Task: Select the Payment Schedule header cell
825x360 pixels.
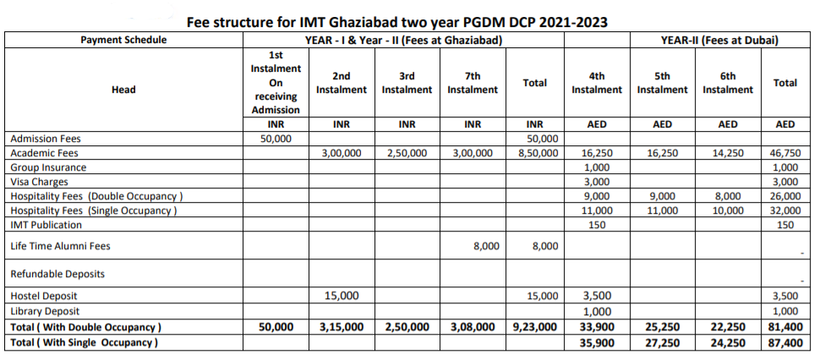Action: point(123,40)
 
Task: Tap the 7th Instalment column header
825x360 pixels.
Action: point(473,83)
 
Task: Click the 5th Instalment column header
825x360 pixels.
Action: point(663,83)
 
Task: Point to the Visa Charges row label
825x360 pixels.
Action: point(40,182)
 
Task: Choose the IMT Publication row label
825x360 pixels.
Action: point(46,225)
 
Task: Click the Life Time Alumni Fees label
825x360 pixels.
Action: point(61,246)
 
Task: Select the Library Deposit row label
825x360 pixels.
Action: point(46,311)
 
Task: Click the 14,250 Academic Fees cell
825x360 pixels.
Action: point(728,153)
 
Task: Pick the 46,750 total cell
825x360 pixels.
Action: point(784,153)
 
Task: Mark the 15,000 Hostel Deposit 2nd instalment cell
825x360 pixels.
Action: point(341,296)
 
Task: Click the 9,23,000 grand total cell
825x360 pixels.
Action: point(535,327)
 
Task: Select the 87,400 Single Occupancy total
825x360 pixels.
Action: point(785,343)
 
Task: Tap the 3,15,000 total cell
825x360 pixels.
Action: point(341,327)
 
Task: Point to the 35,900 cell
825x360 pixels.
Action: point(597,343)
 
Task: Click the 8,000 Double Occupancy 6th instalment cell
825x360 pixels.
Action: point(728,196)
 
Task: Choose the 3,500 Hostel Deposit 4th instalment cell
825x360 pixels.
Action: point(597,296)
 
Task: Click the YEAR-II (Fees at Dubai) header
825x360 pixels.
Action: point(720,40)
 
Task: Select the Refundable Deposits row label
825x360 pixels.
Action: point(57,274)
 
